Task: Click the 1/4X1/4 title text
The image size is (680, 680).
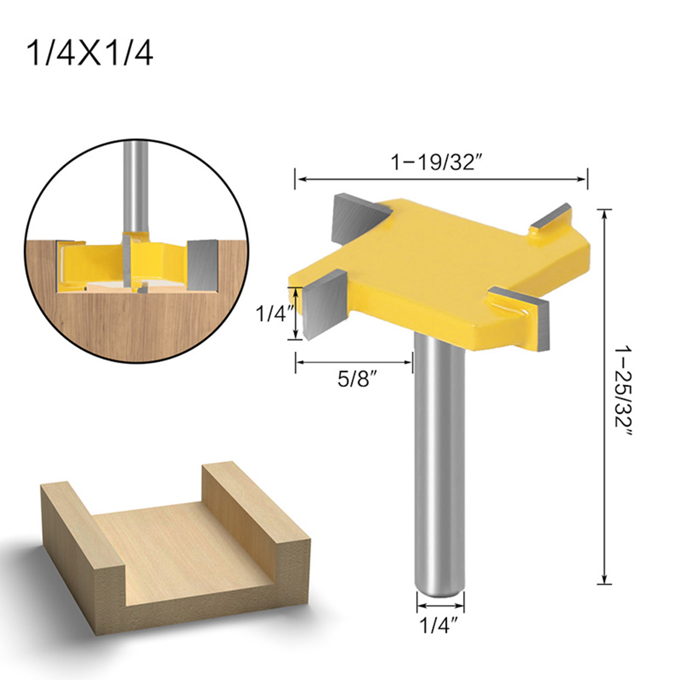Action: pyautogui.click(x=90, y=54)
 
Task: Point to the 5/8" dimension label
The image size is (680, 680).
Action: pyautogui.click(x=357, y=379)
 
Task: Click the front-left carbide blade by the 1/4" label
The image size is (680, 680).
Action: pyautogui.click(x=325, y=304)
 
